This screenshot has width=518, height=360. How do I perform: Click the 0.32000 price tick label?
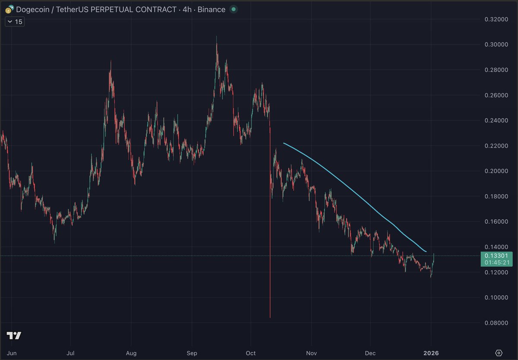point(496,19)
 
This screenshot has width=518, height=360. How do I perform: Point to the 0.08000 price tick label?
point(496,323)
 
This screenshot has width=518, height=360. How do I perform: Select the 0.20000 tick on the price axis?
point(496,171)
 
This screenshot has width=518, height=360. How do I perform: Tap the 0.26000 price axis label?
point(496,95)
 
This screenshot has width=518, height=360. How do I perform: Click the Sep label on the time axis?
point(192,353)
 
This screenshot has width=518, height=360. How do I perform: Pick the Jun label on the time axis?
point(12,353)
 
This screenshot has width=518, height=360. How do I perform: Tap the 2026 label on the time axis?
point(431,353)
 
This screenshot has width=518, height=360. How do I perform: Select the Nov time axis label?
point(311,353)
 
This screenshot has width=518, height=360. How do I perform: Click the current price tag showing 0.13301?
point(496,256)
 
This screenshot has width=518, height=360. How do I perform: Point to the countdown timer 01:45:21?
point(497,262)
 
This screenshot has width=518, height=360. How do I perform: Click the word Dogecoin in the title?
point(33,9)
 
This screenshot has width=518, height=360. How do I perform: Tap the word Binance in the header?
point(212,9)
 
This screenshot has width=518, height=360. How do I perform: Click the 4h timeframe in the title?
point(187,9)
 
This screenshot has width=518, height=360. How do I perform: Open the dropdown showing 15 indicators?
point(15,22)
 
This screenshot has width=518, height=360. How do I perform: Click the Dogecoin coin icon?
point(9,9)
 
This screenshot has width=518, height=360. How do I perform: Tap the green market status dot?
point(234,9)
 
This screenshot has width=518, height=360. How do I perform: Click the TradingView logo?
point(14,335)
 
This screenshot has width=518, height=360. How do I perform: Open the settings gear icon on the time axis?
point(499,353)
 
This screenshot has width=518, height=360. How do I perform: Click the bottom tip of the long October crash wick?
point(270,318)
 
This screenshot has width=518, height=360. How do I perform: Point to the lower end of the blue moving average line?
point(426,252)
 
